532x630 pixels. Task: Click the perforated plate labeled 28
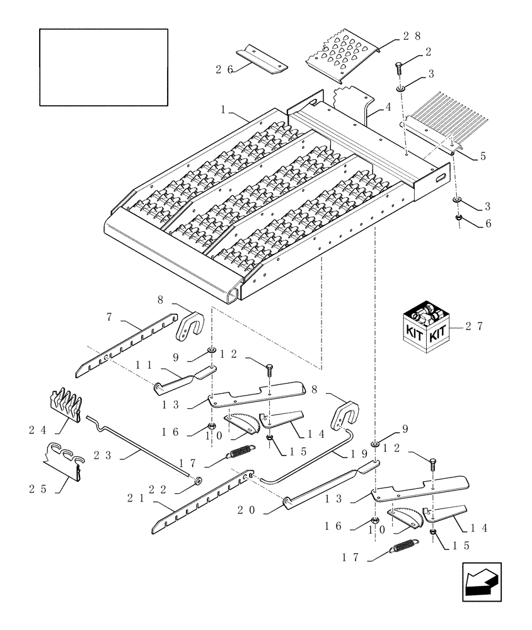(x=342, y=58)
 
